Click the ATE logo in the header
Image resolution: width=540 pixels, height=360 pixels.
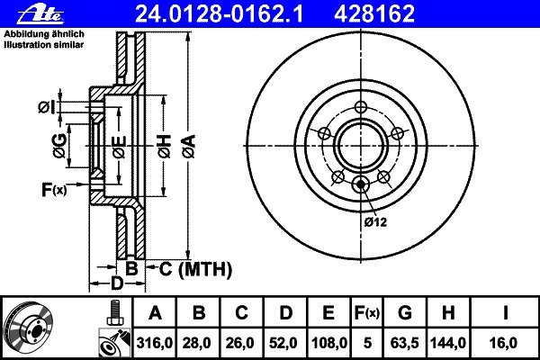(40, 14)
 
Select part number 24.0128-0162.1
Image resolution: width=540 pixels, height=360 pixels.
(219, 14)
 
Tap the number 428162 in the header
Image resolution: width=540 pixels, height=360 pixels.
(374, 14)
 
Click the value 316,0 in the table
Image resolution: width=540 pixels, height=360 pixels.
(154, 343)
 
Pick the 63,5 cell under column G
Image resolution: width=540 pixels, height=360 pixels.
(404, 343)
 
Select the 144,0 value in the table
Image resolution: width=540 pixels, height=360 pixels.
(447, 343)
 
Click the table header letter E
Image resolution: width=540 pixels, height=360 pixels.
(328, 313)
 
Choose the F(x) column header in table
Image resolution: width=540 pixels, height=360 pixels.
(367, 313)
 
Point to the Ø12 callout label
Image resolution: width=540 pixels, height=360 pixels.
(375, 222)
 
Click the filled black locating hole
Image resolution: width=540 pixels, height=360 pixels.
(361, 184)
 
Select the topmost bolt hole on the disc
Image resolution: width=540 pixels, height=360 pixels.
(361, 107)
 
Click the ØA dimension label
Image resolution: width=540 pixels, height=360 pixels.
(189, 146)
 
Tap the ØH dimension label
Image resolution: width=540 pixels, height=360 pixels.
(165, 147)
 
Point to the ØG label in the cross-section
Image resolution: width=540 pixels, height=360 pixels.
(59, 146)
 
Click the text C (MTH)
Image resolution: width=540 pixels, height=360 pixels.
(195, 269)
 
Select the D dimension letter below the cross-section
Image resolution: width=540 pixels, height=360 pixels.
(116, 283)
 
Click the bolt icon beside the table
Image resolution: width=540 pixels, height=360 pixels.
(114, 313)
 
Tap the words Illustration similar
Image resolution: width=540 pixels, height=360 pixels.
(44, 45)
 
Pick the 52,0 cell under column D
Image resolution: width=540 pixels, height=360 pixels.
(283, 343)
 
